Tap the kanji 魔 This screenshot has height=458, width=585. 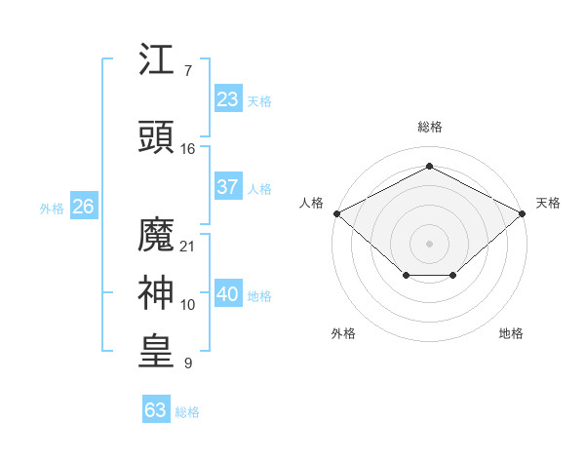[x=157, y=235]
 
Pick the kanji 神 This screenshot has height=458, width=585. [x=157, y=293]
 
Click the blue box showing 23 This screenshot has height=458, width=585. [x=228, y=99]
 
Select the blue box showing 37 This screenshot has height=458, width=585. [x=228, y=187]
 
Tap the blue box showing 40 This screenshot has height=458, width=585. [x=228, y=294]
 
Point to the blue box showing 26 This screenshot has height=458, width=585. [x=83, y=207]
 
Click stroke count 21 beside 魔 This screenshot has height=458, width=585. [x=188, y=246]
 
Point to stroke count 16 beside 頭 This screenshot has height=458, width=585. [x=188, y=148]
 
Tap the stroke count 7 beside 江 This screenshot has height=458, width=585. [x=188, y=70]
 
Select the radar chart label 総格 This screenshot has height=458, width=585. [x=429, y=127]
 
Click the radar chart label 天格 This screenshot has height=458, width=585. [x=548, y=203]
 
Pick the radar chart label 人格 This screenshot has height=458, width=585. [x=311, y=203]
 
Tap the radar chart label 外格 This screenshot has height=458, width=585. [x=343, y=333]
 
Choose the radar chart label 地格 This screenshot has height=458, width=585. [x=511, y=333]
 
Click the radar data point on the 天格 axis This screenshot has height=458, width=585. [x=523, y=213]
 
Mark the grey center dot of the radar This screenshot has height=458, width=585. [x=429, y=243]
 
